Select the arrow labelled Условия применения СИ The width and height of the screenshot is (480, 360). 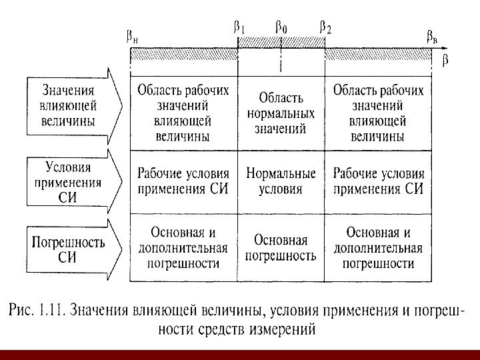point(72,181)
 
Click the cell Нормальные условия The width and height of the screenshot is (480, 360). point(281,181)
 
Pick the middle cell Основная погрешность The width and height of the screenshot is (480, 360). point(281,247)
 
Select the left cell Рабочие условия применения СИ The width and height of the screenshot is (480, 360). point(183,181)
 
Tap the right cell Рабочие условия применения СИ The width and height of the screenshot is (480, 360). point(377,181)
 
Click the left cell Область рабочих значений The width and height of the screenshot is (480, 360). point(183,113)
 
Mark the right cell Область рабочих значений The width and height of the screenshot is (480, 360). point(377,113)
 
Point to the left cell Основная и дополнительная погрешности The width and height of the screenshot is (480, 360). point(183,247)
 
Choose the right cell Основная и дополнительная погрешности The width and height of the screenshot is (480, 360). point(377,247)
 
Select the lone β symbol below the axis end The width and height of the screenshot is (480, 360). point(445,61)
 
